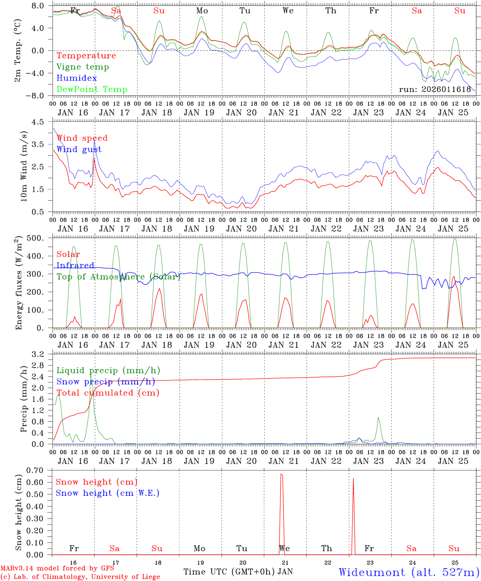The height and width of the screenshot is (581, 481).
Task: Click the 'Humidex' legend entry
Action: [77, 78]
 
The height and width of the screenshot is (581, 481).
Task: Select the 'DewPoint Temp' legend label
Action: [92, 90]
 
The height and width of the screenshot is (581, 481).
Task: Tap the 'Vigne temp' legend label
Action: [83, 67]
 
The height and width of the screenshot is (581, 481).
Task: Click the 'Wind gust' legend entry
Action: [79, 149]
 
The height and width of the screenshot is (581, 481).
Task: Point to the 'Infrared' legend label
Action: [75, 265]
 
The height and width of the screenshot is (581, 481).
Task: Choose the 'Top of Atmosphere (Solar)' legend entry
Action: [118, 277]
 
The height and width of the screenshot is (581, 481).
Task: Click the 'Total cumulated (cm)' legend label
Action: [108, 393]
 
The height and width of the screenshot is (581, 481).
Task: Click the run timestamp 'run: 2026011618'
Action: [435, 90]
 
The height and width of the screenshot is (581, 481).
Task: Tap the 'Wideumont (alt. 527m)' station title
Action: [408, 572]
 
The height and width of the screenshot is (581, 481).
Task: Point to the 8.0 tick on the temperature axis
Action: [40, 6]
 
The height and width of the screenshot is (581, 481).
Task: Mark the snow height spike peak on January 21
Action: [281, 474]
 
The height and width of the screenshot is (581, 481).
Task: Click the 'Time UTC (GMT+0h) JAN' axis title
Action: [238, 572]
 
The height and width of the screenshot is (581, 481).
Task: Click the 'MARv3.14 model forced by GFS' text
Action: [57, 569]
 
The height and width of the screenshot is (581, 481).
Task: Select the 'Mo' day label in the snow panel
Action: [199, 548]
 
